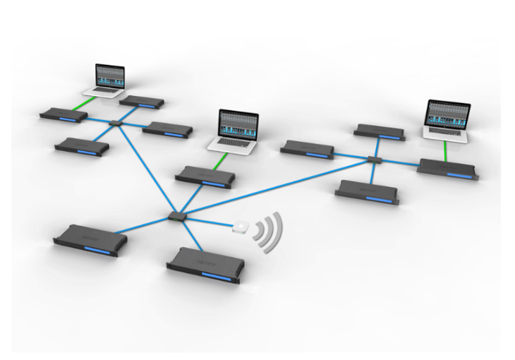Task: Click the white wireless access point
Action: click(241, 227)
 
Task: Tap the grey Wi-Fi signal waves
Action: click(269, 230)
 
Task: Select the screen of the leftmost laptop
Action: click(109, 76)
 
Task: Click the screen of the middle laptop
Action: click(238, 124)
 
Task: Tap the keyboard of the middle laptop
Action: click(232, 145)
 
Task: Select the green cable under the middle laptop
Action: click(219, 162)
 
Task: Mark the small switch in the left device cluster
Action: click(116, 123)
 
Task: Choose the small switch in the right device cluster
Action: click(374, 160)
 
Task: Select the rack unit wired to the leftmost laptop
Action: click(63, 115)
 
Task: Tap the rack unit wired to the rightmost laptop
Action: click(447, 169)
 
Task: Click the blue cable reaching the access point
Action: click(209, 222)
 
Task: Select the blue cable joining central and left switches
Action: click(146, 169)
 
